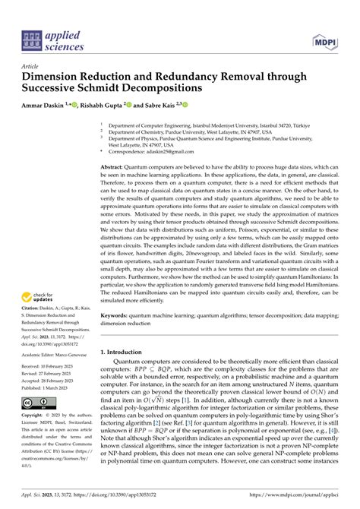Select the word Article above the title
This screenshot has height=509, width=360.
click(31, 66)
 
